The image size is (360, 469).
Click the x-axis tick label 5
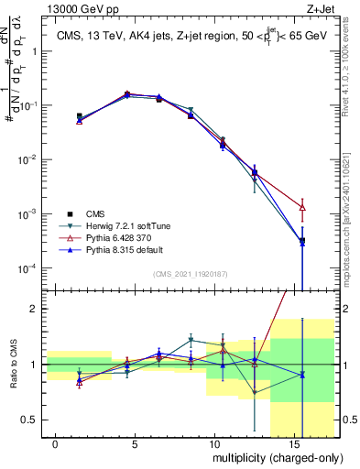pos(135,442)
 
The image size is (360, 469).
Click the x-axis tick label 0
pos(56,442)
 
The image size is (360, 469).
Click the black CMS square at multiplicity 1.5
pos(80,116)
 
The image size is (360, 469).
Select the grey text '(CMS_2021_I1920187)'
pos(190,273)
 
